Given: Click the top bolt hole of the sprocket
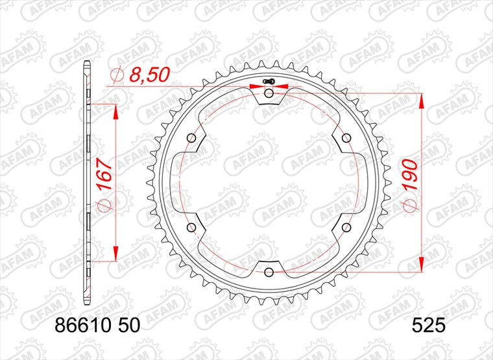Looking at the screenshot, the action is coord(269,93).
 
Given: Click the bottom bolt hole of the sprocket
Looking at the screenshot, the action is coord(269,272).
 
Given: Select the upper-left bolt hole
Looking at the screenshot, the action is coord(191,138).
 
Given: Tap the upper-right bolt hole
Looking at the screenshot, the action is coord(346,138).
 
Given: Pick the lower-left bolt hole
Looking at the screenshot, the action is coord(191,227).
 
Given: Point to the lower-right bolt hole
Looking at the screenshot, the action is coord(346,227).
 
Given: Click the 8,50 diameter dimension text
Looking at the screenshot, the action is coord(149,75).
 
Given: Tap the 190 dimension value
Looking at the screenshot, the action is coord(411,174).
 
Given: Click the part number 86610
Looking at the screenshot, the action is coord(80,326).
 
